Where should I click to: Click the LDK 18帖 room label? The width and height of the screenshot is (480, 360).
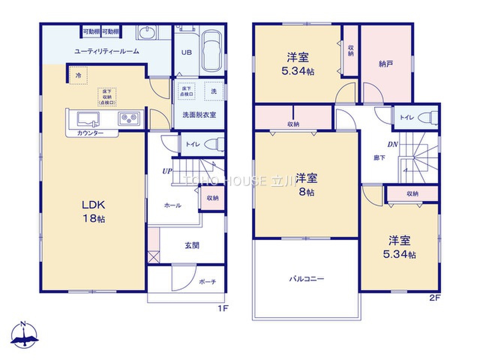point(94,211)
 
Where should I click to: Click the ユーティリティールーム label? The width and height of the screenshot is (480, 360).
point(107,52)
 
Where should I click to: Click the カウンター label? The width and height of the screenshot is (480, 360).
point(90,133)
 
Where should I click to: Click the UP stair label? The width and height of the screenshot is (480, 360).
point(167,171)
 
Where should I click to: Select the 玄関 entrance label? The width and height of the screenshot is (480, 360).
point(192,246)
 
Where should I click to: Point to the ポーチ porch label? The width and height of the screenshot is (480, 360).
point(207,282)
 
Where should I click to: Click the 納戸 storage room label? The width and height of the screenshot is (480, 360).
point(386,64)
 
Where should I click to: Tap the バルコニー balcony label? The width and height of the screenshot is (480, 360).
point(306,279)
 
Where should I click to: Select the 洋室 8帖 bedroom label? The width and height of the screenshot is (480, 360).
point(306,184)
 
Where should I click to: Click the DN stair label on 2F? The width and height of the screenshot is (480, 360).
point(393,144)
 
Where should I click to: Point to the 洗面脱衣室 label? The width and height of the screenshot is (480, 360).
point(199,115)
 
